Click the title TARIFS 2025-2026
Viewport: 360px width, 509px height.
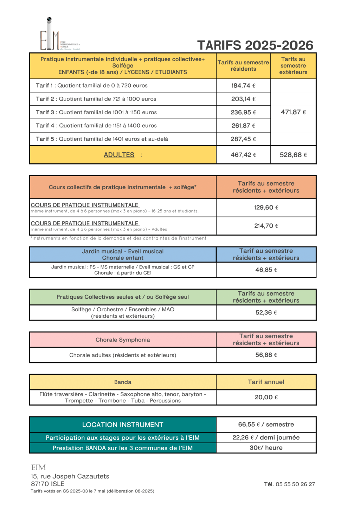click(x=255, y=45)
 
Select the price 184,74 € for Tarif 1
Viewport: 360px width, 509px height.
click(x=243, y=85)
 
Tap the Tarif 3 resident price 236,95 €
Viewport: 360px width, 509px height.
click(x=243, y=112)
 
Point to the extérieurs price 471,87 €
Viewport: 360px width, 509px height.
click(x=293, y=112)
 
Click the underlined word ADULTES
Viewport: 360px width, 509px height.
click(x=119, y=155)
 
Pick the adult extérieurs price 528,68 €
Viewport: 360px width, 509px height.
click(x=293, y=155)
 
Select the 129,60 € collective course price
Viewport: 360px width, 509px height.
click(x=266, y=208)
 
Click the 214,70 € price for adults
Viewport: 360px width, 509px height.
click(x=266, y=226)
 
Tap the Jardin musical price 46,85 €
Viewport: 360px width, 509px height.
click(x=266, y=270)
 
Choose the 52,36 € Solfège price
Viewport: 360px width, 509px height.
click(x=266, y=312)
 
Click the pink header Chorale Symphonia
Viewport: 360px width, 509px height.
click(x=123, y=340)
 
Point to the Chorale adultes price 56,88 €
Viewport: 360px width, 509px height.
click(x=266, y=355)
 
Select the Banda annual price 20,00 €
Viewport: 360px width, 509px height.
click(x=266, y=397)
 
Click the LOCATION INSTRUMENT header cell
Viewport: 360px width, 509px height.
click(x=123, y=425)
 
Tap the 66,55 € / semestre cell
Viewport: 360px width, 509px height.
click(x=266, y=425)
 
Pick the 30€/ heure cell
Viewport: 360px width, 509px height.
click(x=266, y=448)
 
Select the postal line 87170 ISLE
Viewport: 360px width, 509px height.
click(x=47, y=484)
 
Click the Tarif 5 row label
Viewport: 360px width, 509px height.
click(x=102, y=139)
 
